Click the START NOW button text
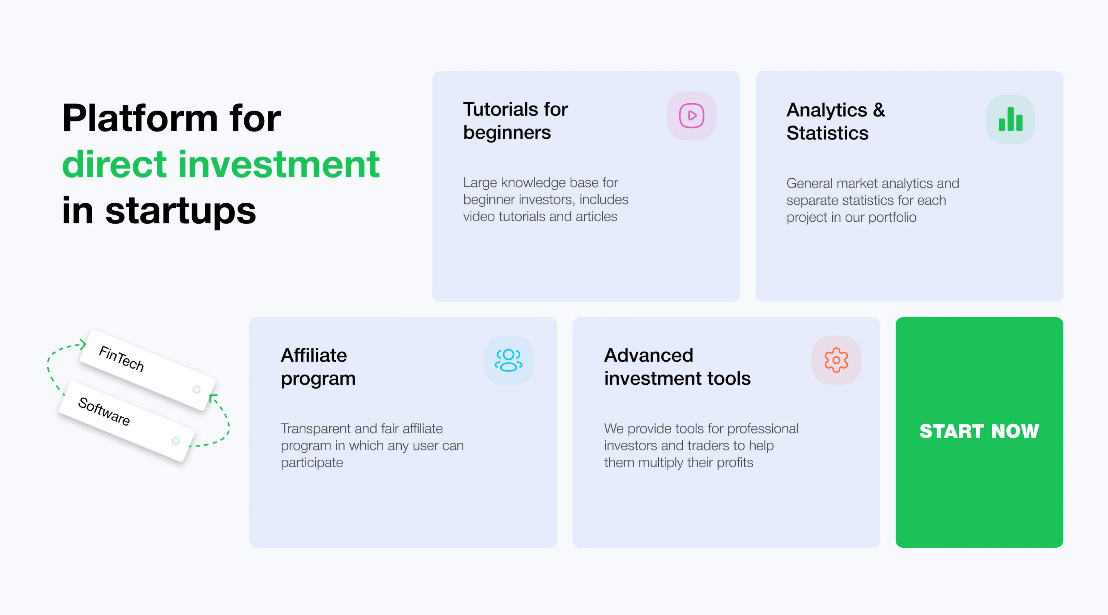(979, 431)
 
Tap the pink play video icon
(692, 116)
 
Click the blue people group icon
(508, 360)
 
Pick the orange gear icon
(836, 360)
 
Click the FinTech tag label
(121, 359)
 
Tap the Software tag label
(104, 411)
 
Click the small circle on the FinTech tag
(197, 389)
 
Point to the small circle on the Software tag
(175, 441)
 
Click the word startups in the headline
(181, 212)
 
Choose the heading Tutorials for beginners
(515, 121)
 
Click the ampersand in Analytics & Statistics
(879, 110)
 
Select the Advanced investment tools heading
(677, 367)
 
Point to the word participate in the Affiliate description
(312, 463)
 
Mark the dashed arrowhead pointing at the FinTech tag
(82, 344)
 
